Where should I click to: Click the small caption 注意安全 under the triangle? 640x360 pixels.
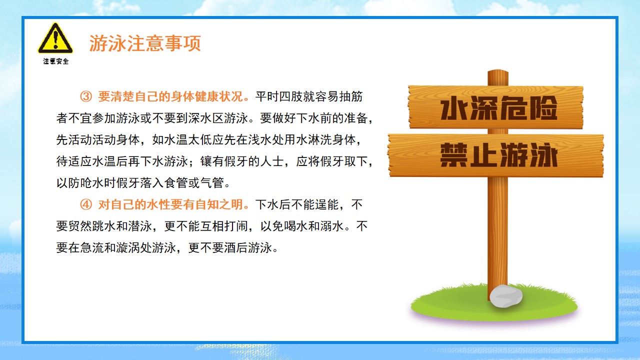tap(56, 61)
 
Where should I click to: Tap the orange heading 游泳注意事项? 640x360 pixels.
tap(145, 43)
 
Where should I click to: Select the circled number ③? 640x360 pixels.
tap(86, 96)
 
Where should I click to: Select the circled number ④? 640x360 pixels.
tap(86, 204)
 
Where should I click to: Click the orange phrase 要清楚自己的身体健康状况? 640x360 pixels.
tap(170, 96)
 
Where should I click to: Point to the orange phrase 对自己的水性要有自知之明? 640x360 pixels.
tap(170, 204)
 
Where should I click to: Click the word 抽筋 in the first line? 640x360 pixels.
tap(350, 96)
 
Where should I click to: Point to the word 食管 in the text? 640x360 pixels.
tap(176, 183)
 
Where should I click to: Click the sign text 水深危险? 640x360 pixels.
tap(499, 107)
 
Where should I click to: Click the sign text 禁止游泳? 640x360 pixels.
tap(499, 155)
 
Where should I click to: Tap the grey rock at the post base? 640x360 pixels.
tap(506, 296)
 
